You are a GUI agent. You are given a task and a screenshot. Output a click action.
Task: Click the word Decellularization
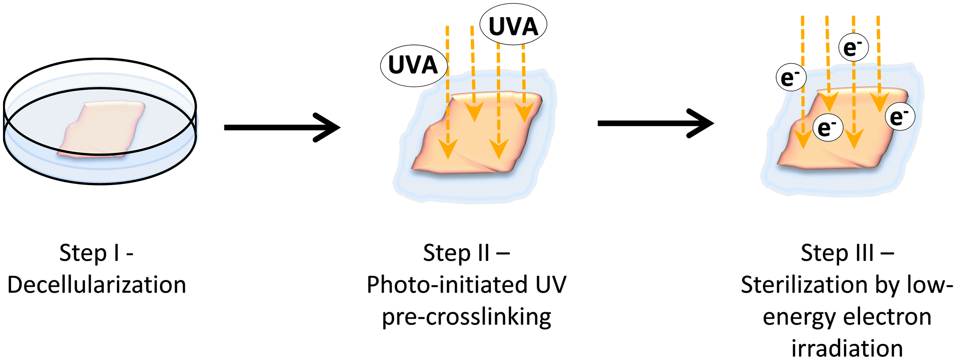(x=97, y=285)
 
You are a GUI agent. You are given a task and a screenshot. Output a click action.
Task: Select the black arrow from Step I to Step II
(x=282, y=127)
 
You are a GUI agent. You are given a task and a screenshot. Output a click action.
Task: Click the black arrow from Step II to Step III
(x=656, y=123)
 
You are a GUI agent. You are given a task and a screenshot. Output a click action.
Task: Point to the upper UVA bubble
(x=513, y=24)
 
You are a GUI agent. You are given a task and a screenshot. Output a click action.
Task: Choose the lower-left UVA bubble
(x=414, y=65)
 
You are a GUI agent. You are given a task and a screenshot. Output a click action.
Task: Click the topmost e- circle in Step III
(x=853, y=47)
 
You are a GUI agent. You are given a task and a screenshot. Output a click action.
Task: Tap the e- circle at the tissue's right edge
(x=900, y=116)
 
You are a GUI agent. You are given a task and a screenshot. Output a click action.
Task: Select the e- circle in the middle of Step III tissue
(x=828, y=127)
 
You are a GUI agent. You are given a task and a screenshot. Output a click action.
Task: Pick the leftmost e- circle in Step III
(x=791, y=77)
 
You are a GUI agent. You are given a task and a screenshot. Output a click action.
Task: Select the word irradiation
(x=847, y=348)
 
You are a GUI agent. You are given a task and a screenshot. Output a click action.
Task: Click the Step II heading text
(x=467, y=253)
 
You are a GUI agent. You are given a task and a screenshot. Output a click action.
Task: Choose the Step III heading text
(x=847, y=253)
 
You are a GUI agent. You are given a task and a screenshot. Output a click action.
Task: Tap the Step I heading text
(x=96, y=253)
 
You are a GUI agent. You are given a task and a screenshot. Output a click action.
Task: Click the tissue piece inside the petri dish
(x=101, y=129)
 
